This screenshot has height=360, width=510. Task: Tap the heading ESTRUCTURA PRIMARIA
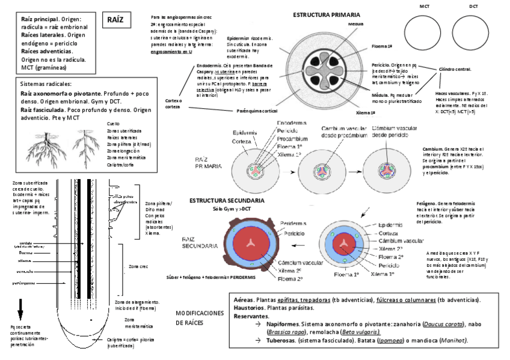(327, 13)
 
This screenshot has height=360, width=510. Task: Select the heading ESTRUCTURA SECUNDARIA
(226, 200)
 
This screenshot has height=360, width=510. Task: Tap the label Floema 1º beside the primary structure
(382, 46)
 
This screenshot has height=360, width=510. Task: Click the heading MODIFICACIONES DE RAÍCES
(200, 318)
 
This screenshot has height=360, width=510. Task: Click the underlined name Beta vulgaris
(360, 332)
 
